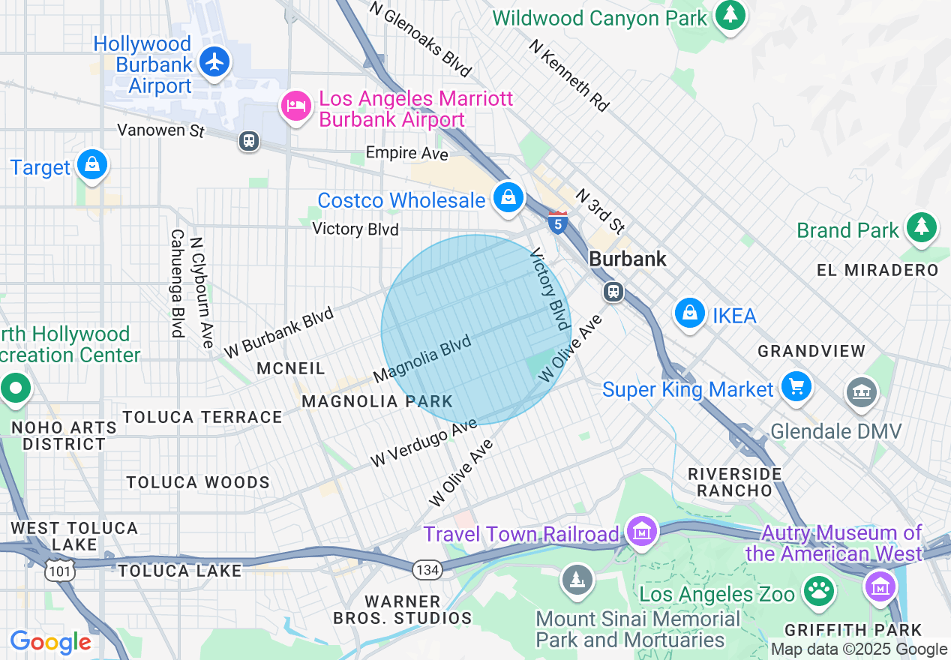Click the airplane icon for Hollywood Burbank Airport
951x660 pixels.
pos(215,61)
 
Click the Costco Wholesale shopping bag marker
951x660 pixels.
pos(508,198)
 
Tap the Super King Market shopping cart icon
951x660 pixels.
pos(796,387)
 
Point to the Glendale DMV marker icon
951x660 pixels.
pos(862,391)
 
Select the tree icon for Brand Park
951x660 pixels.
pos(922,226)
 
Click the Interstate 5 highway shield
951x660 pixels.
pos(557,222)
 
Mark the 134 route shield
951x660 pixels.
pos(426,570)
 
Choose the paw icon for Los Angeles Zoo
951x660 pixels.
pos(819,591)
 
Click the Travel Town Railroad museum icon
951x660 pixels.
pos(642,532)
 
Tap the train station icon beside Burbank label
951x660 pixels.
pos(613,291)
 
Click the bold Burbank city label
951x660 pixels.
pos(627,259)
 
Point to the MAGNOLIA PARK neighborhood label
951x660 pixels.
pos(377,402)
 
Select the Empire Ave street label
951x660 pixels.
pos(406,154)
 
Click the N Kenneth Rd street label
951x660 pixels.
pos(568,76)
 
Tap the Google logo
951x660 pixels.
pos(50,642)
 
